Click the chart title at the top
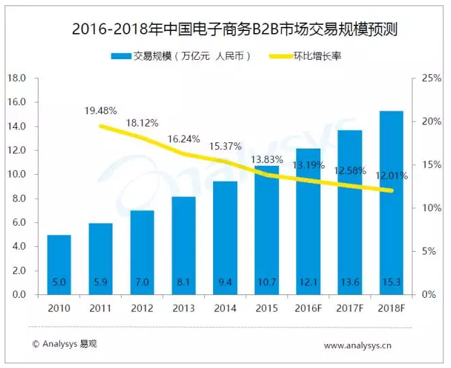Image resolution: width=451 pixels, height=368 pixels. [x=225, y=30]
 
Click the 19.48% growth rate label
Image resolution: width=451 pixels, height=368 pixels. [x=101, y=110]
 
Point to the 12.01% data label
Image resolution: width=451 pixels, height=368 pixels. [x=392, y=175]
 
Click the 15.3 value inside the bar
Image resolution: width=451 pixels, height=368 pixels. [x=392, y=282]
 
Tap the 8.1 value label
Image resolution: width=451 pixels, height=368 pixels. [x=184, y=282]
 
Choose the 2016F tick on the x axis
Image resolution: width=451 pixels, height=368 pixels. [x=309, y=308]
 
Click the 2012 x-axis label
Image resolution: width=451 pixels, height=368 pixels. [x=142, y=308]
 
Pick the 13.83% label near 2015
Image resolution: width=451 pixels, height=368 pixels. [x=267, y=159]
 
